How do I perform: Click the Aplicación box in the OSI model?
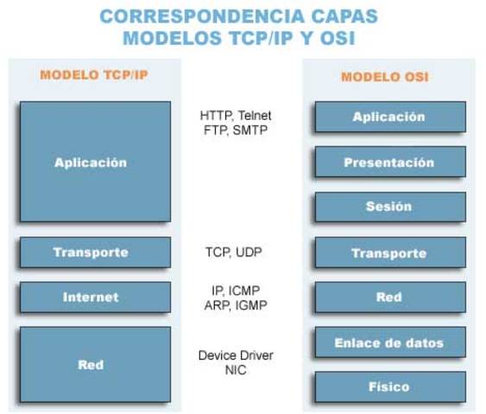[389, 116]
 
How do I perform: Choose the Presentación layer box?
[389, 162]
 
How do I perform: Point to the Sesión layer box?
[389, 207]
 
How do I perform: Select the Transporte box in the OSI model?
[389, 253]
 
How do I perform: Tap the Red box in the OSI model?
[389, 298]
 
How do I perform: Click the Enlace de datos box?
[389, 342]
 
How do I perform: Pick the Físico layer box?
[389, 386]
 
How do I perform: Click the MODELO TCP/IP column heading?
[94, 75]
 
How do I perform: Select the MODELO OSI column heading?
[385, 77]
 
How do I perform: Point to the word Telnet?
[256, 115]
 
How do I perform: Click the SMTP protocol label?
[249, 130]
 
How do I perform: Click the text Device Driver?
[235, 355]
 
